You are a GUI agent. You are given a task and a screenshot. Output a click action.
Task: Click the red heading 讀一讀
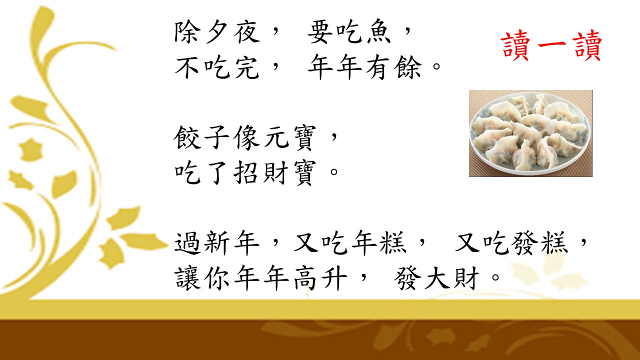point(551,45)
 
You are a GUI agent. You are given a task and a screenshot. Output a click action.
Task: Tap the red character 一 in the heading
point(551,45)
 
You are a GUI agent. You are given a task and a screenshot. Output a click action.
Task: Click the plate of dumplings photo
point(530,133)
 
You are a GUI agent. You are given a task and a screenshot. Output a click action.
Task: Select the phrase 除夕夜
point(217,32)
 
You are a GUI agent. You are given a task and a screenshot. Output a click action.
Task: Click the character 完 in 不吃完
point(246,67)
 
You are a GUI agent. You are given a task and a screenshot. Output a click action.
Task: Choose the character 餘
point(408,67)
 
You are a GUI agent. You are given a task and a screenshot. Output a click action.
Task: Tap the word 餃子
point(201,137)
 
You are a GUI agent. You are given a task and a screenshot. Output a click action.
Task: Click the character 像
point(246,137)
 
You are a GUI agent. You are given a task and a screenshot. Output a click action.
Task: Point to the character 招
point(246,172)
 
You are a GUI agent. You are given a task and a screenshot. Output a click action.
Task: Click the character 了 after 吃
point(217,172)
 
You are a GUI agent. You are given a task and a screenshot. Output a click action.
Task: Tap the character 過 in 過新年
point(187,243)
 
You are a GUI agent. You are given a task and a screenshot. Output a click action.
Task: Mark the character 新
point(217,243)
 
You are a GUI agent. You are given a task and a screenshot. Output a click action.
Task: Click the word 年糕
point(378,243)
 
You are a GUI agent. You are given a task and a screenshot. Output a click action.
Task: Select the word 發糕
point(539,243)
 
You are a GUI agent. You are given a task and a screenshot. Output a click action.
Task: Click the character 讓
point(187,277)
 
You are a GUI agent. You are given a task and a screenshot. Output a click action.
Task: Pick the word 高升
point(320,277)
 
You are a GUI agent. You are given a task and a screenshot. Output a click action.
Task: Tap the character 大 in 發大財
point(437,277)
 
